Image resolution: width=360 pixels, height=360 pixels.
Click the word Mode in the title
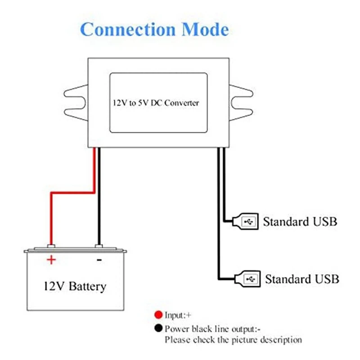[x=205, y=30]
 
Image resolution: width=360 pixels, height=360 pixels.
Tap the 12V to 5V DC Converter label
[x=156, y=103]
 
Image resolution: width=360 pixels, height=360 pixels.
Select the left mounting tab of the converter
[x=75, y=103]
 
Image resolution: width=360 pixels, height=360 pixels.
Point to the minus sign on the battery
[x=99, y=260]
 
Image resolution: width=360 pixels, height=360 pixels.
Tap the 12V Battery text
[x=75, y=286]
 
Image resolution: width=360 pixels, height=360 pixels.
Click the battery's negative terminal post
[x=99, y=246]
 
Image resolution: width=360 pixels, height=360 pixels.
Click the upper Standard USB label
[x=300, y=222]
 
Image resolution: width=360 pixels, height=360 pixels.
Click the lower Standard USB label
[x=301, y=279]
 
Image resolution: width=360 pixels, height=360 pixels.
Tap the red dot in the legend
[x=157, y=315]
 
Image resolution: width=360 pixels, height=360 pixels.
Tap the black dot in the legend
[x=157, y=328]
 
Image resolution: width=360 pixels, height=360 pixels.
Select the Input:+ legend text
[x=178, y=315]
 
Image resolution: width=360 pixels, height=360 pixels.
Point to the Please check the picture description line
[x=233, y=340]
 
